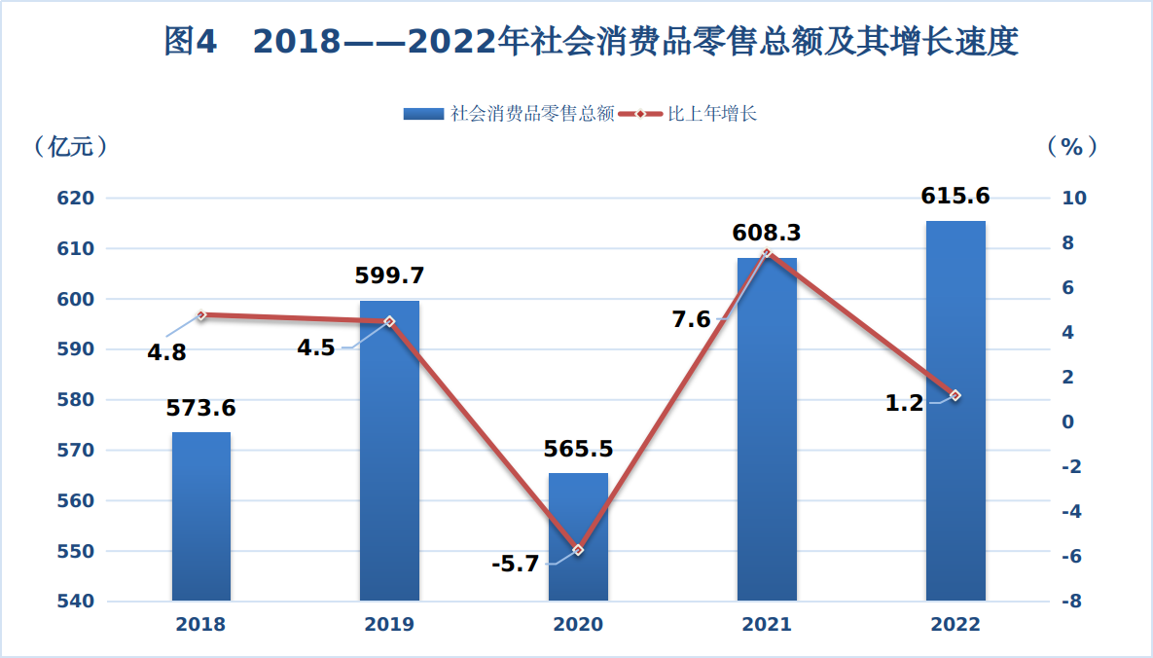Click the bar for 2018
[201, 516]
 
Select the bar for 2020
[578, 536]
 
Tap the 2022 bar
[955, 410]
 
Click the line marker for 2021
[767, 253]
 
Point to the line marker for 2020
[578, 550]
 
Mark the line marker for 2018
[201, 315]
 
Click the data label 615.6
[955, 196]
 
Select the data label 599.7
[389, 275]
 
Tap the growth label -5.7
[516, 564]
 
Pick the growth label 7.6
[692, 318]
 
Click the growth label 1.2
[904, 403]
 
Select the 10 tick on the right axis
[1074, 199]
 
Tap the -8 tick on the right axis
[1072, 602]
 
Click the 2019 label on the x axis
[389, 625]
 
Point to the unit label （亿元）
[69, 146]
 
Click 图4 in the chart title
[191, 42]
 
